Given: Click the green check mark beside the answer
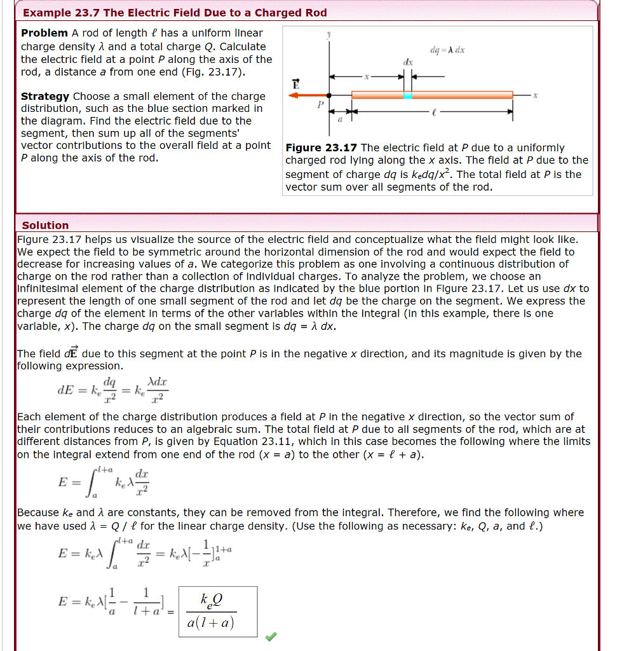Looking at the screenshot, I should pyautogui.click(x=271, y=636).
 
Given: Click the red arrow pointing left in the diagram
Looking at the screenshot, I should pyautogui.click(x=307, y=95).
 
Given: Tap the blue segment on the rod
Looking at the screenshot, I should pyautogui.click(x=407, y=95).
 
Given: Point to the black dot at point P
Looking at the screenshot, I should pyautogui.click(x=328, y=95).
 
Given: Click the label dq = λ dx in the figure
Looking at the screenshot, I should pyautogui.click(x=448, y=50).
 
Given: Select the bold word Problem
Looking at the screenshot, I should pyautogui.click(x=44, y=33).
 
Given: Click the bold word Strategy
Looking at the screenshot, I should pyautogui.click(x=45, y=96).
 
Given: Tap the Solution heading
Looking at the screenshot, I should pyautogui.click(x=45, y=225).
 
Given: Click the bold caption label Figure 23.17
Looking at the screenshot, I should pyautogui.click(x=321, y=147).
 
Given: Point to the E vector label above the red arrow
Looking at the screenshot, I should pyautogui.click(x=295, y=83).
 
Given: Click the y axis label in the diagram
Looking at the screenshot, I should pyautogui.click(x=328, y=36).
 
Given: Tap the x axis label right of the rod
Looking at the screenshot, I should pyautogui.click(x=535, y=95).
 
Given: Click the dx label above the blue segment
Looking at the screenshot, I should pyautogui.click(x=408, y=62).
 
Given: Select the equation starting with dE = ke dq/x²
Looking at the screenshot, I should pyautogui.click(x=113, y=390).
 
